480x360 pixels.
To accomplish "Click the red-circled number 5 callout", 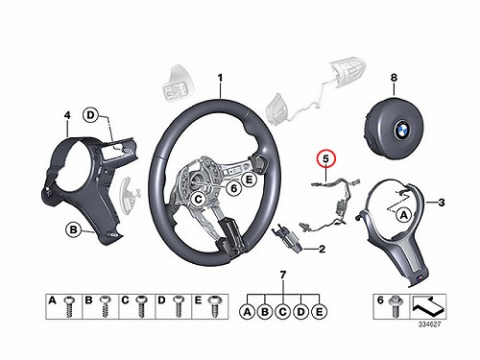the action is tap(325, 159).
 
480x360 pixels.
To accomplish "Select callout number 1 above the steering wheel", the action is tap(220, 78).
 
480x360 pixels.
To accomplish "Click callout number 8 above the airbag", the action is tap(394, 78).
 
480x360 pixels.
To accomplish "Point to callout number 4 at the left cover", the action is tap(67, 115).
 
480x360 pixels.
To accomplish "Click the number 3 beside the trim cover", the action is tap(442, 203).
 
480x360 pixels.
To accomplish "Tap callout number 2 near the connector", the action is tap(322, 249).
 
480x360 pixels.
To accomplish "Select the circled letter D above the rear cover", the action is tap(91, 115).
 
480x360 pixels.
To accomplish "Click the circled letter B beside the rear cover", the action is tap(74, 229).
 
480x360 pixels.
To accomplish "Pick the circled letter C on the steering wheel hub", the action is tap(199, 200).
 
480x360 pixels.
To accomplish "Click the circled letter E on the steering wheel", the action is tap(249, 180).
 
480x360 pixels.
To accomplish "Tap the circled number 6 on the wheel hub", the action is tap(234, 188).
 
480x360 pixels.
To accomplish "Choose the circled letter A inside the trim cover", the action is tap(404, 215).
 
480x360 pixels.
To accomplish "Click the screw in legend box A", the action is tap(69, 307).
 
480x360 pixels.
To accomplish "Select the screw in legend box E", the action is tap(213, 307).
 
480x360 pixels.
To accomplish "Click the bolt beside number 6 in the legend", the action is tap(394, 306).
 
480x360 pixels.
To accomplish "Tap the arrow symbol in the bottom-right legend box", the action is tap(428, 306).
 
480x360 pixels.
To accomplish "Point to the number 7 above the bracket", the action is tap(283, 275).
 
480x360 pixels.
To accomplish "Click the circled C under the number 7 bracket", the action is tap(283, 311).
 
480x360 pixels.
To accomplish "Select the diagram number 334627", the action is tap(429, 324).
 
